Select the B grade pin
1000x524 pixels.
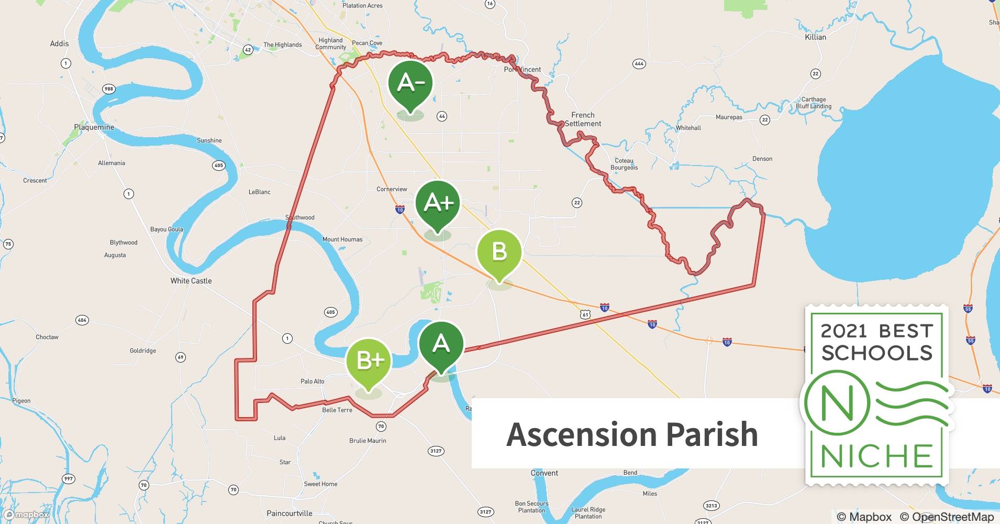pyautogui.click(x=499, y=253)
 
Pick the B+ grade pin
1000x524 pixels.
pyautogui.click(x=369, y=361)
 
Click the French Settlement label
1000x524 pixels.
pyautogui.click(x=583, y=119)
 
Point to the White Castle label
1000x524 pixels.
pyautogui.click(x=191, y=281)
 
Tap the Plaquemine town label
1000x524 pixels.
pyautogui.click(x=94, y=127)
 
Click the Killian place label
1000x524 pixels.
pyautogui.click(x=815, y=37)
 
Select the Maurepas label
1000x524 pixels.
pyautogui.click(x=729, y=117)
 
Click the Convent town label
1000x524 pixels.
pyautogui.click(x=545, y=473)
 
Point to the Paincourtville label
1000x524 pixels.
pyautogui.click(x=290, y=514)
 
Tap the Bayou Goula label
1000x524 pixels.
pyautogui.click(x=166, y=230)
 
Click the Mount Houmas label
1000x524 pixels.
pyautogui.click(x=342, y=239)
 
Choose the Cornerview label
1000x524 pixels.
pyautogui.click(x=392, y=189)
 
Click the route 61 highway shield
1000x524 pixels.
pyautogui.click(x=585, y=314)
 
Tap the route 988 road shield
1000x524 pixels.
pyautogui.click(x=108, y=89)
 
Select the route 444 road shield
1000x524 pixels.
pyautogui.click(x=639, y=64)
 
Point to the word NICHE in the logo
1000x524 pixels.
pyautogui.click(x=877, y=456)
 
